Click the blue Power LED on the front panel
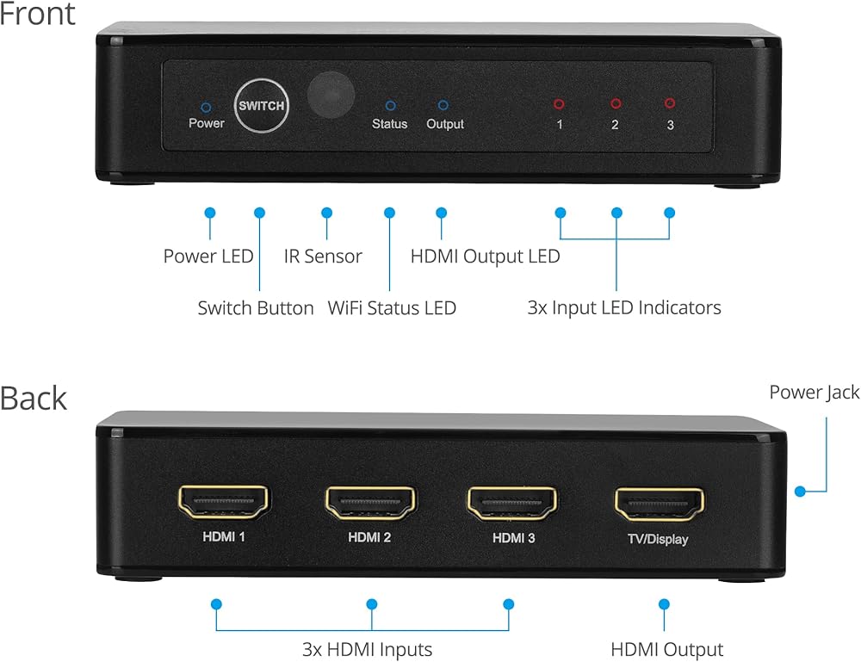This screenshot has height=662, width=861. [206, 108]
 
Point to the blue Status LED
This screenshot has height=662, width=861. [390, 106]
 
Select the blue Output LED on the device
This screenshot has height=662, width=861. [443, 105]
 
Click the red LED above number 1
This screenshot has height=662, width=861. [559, 104]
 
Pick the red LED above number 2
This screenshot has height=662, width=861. [616, 103]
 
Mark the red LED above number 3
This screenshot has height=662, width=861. [670, 103]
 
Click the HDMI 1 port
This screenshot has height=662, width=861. [224, 503]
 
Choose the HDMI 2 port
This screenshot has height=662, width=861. [370, 503]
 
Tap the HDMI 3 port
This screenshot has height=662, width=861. [513, 503]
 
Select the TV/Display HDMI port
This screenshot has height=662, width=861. [659, 504]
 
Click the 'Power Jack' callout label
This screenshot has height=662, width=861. [814, 393]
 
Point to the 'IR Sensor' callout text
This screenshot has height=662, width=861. [323, 257]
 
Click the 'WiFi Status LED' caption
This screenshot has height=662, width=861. [392, 307]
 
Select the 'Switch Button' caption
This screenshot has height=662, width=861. [256, 307]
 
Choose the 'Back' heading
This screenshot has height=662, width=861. [33, 398]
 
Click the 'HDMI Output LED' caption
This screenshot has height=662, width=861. [485, 257]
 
